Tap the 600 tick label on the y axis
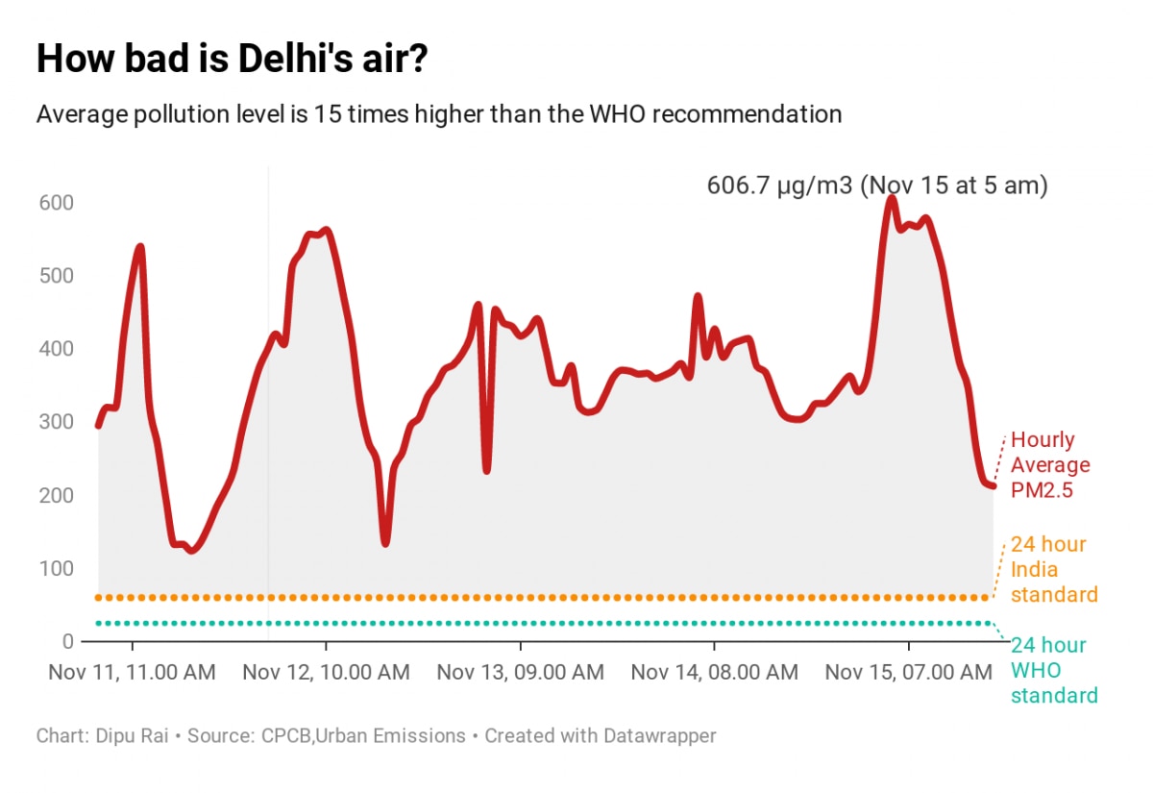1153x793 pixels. [57, 203]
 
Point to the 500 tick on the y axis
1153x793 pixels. [57, 276]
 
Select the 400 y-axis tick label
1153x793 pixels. [57, 349]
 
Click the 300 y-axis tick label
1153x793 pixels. [57, 422]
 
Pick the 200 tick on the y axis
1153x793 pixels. [57, 495]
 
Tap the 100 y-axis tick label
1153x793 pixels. [57, 568]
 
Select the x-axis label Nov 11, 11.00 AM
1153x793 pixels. [132, 672]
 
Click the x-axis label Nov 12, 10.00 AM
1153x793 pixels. [326, 672]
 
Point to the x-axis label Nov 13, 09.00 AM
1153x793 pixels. [520, 672]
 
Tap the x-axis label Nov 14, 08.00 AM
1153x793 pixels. [714, 672]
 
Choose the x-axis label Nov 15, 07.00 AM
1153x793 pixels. [908, 672]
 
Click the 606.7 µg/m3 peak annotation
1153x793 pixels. [876, 186]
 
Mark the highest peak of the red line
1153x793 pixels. [892, 198]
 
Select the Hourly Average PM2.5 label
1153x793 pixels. [1050, 465]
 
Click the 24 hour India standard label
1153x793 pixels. [1053, 570]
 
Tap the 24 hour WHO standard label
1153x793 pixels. [1053, 670]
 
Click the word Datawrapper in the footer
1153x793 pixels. [659, 736]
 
